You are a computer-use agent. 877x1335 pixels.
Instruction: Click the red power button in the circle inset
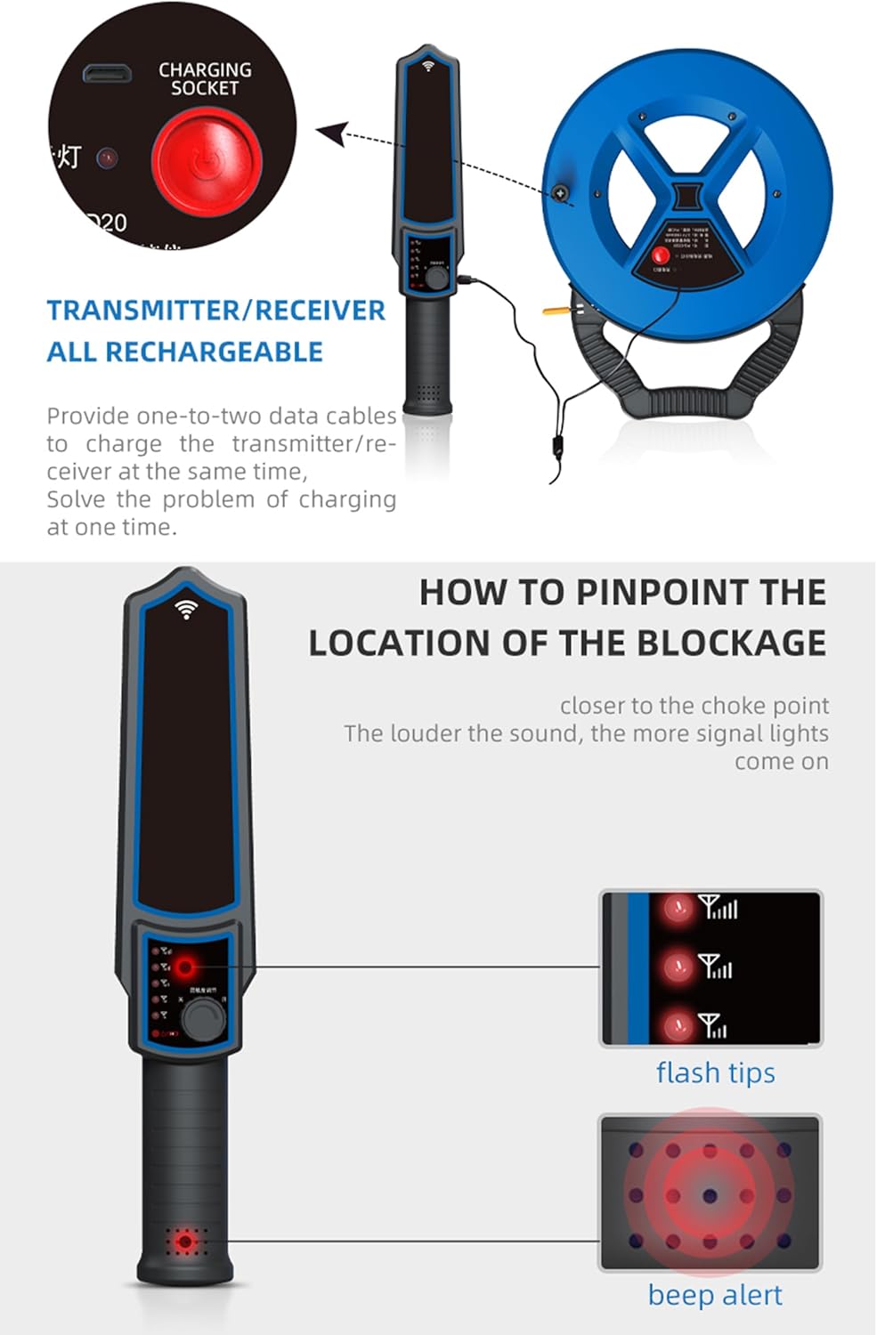[206, 162]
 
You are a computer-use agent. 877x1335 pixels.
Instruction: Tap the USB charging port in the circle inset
[108, 73]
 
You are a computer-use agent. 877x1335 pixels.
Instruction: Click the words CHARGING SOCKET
[205, 78]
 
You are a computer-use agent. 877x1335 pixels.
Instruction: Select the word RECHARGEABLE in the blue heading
[214, 352]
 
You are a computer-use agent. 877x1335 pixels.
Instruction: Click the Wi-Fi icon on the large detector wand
[186, 609]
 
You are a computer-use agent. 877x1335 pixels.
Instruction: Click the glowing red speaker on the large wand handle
[185, 1241]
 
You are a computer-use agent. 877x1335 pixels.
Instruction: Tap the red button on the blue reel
[661, 255]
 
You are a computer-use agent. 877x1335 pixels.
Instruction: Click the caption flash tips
[715, 1072]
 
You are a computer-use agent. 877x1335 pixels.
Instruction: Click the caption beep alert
[715, 1295]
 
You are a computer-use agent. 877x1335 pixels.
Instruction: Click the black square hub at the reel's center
[687, 195]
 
